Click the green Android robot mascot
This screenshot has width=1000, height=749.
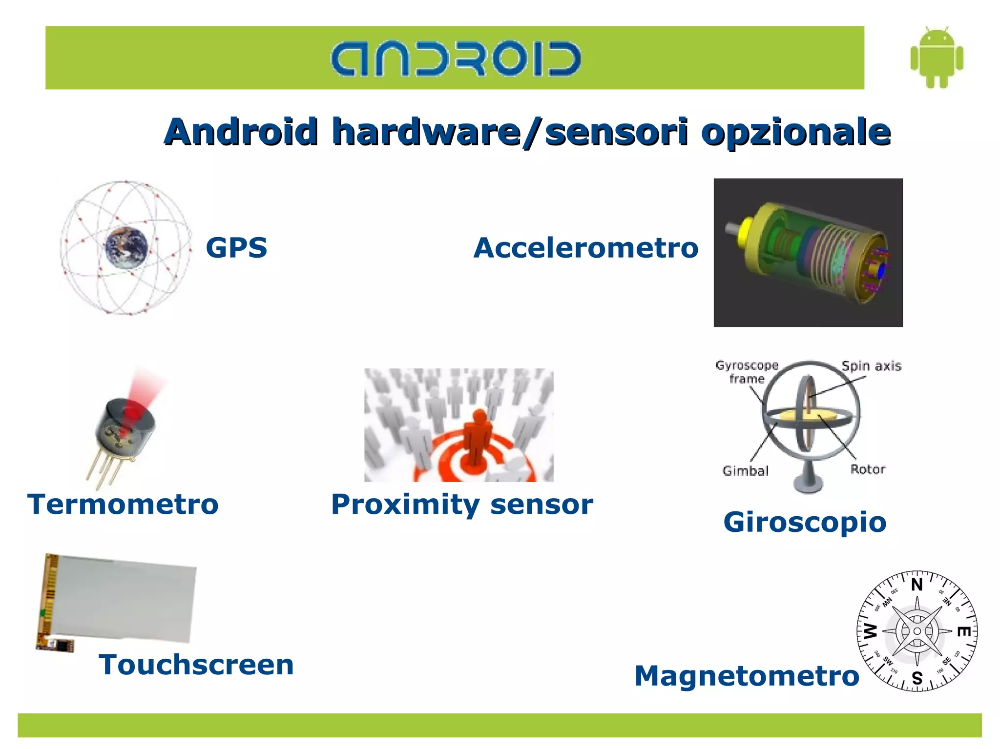coord(937,58)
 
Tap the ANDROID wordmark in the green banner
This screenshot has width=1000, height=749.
coord(455,59)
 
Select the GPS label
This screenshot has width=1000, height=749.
coord(236,247)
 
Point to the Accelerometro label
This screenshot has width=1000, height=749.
coord(585,247)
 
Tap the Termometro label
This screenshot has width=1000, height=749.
coord(123,504)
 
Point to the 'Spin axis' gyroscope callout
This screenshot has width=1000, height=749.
coord(871,366)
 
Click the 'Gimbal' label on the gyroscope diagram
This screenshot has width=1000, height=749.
coord(745,471)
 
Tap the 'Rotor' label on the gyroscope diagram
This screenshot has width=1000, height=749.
coord(868,469)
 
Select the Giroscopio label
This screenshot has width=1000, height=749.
coord(805,522)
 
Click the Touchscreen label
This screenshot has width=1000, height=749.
coord(196,665)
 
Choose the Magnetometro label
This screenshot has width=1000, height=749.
coord(747,676)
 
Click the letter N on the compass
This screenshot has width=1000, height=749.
coord(917,585)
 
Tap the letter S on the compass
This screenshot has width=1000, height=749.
coord(917,678)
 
